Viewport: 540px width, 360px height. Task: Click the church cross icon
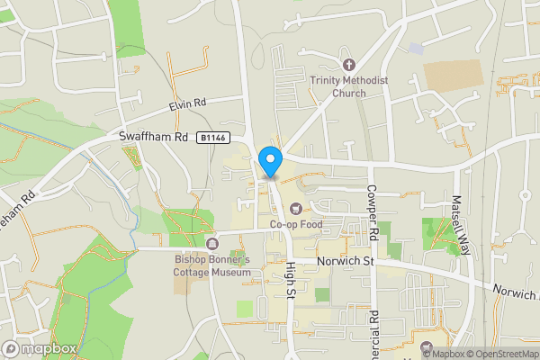tap(349, 65)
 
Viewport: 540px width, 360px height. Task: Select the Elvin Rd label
tap(187, 105)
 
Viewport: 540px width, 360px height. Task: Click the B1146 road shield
tap(212, 138)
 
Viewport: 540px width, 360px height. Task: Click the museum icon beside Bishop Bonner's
tap(212, 245)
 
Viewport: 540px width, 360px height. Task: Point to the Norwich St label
tap(344, 262)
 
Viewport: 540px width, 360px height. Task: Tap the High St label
tap(290, 281)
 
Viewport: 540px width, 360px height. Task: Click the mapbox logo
tap(38, 348)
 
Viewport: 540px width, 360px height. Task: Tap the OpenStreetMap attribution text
tap(499, 353)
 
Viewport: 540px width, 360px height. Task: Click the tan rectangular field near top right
tap(453, 76)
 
